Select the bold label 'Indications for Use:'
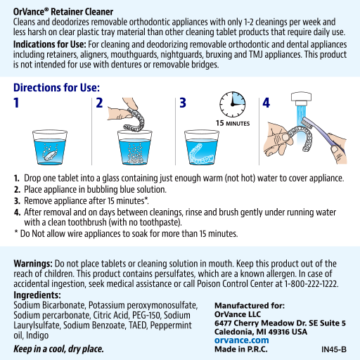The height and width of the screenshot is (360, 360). pos(46,43)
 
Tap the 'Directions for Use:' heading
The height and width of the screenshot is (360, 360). pos(56,89)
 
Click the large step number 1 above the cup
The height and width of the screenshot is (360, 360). pos(17,103)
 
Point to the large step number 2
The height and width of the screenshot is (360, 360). pos(99,103)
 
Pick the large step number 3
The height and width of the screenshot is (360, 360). pos(182,103)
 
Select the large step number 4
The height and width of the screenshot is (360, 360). pos(266,103)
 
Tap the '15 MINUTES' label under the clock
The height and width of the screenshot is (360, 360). pos(233,124)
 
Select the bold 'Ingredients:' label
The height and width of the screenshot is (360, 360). pos(37,295)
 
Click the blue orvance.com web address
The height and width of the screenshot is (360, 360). pos(242,340)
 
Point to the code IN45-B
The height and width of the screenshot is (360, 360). pos(334,349)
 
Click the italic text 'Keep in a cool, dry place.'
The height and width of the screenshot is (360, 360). pos(58,349)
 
